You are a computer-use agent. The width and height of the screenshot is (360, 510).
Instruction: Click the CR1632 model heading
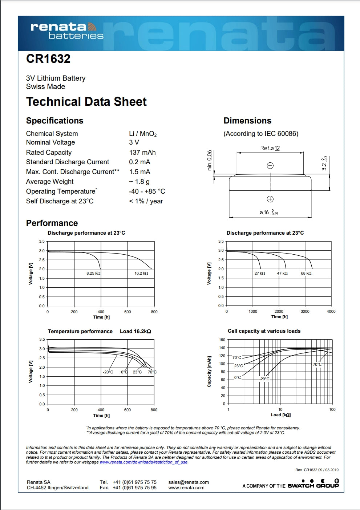coord(48,59)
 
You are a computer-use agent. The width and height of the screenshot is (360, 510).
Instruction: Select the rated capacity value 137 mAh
coord(142,153)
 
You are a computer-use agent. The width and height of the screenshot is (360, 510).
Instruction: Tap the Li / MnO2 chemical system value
coord(143,134)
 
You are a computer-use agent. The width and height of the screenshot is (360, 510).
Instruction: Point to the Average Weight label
coord(50,182)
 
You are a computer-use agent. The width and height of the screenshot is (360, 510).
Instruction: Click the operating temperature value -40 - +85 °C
coord(147,191)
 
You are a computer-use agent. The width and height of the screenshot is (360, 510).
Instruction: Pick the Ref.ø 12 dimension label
coord(270,148)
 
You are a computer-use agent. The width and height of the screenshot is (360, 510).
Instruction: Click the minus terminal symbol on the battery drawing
coord(270,166)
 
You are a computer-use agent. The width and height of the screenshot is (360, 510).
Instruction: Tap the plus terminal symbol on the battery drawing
coord(270,199)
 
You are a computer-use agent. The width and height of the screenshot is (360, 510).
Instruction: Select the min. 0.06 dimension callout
coord(210,160)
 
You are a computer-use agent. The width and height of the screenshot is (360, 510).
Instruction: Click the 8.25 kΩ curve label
coord(93,273)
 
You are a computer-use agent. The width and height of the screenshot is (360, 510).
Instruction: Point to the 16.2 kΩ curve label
coord(141,273)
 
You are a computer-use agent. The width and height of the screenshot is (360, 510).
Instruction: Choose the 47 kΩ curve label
coord(282,273)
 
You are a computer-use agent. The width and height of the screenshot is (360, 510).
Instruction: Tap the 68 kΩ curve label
coord(306,273)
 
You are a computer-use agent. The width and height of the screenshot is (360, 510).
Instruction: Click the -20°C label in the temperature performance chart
coord(108,372)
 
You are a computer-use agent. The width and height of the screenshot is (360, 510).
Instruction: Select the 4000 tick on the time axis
coord(331,311)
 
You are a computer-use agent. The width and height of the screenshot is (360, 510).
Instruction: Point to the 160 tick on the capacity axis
coord(222,340)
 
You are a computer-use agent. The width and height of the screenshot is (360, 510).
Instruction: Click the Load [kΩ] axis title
coord(281,415)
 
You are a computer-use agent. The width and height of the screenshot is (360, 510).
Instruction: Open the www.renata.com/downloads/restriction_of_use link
coord(143,462)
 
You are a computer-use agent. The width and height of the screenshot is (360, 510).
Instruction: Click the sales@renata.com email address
coord(189,482)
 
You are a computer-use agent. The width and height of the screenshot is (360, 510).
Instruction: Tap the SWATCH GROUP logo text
coord(313,486)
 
